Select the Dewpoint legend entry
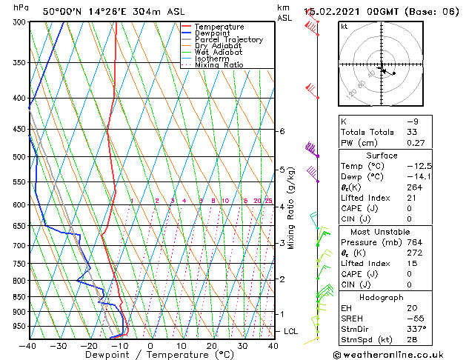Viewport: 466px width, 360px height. pos(215,33)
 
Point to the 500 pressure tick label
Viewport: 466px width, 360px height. pos(19,157)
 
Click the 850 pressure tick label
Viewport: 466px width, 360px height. pos(19,296)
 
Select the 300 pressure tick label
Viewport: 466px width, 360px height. pos(19,22)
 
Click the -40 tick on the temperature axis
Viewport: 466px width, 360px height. pos(28,346)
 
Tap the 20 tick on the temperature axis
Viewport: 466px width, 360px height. pos(212,346)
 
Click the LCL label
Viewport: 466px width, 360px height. pos(290,331)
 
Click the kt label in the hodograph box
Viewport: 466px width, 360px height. pos(344,27)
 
